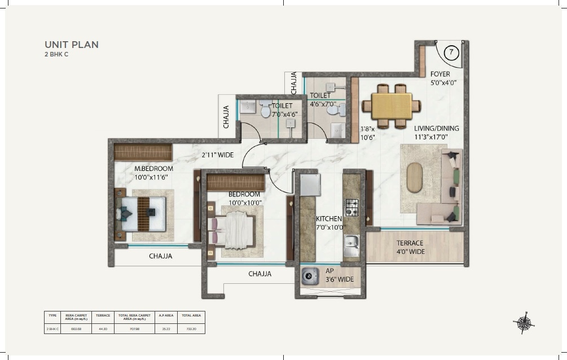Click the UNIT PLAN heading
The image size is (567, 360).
[72, 45]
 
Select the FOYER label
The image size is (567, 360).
[440, 74]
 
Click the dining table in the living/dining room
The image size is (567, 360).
[392, 106]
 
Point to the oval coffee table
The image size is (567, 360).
[415, 178]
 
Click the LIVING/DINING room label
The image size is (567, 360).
[436, 128]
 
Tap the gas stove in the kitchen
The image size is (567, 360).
[351, 207]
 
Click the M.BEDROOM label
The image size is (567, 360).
[153, 169]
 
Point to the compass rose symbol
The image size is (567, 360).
[523, 322]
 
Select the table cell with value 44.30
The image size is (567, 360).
[103, 328]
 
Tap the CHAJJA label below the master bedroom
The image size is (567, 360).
[161, 256]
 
